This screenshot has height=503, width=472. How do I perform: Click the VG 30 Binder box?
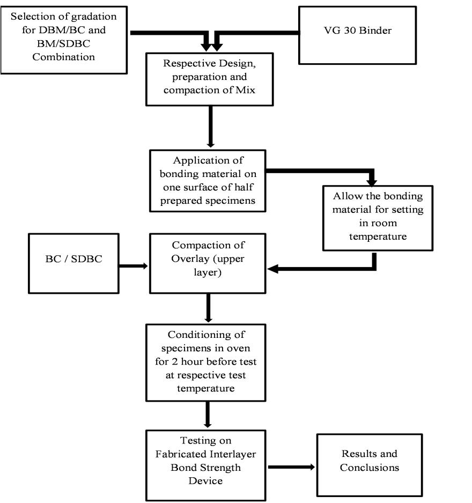[x=357, y=35]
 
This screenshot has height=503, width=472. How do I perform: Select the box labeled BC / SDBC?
[x=74, y=263]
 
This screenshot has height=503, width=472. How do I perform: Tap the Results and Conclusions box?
[x=370, y=465]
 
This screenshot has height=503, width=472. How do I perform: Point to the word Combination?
[x=63, y=57]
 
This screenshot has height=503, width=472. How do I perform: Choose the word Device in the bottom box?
[x=205, y=480]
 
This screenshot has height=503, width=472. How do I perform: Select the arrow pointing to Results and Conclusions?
[x=291, y=467]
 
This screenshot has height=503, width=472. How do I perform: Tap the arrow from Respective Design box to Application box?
[x=210, y=127]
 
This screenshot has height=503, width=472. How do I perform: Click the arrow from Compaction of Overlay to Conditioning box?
[x=208, y=308]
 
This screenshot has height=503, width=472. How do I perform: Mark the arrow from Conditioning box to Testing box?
[x=208, y=415]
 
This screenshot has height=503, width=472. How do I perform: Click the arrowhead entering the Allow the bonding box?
[x=372, y=182]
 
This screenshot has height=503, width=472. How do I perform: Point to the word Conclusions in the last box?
[x=370, y=468]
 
